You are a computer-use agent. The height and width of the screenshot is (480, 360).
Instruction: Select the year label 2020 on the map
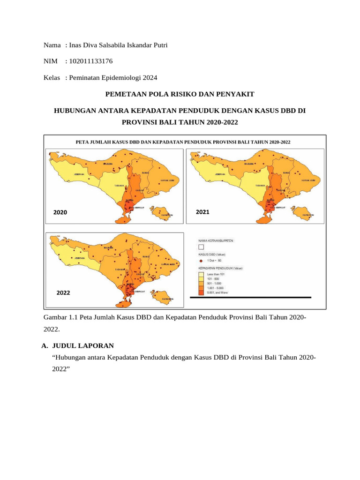click(60, 212)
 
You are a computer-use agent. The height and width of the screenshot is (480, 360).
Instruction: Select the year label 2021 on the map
click(202, 212)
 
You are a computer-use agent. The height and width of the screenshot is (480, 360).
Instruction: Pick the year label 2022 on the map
click(63, 292)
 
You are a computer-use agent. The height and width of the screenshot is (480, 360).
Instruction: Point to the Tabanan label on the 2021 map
click(260, 186)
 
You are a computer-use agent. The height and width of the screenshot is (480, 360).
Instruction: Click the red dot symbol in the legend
click(200, 260)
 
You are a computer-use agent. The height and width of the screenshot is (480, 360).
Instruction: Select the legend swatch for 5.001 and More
click(200, 292)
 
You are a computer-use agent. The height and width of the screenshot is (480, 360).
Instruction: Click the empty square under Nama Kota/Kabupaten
click(201, 247)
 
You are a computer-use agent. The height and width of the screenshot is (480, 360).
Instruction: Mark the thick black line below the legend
click(250, 298)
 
